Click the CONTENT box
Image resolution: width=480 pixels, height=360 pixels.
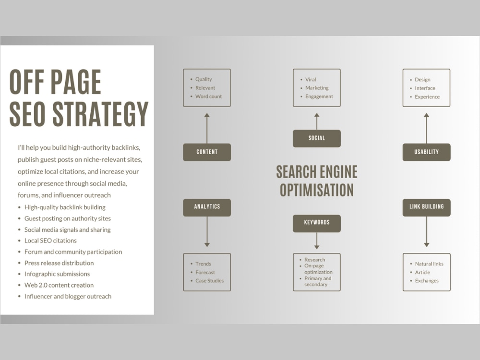[207, 152]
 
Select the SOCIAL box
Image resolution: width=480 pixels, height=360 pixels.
[316, 138]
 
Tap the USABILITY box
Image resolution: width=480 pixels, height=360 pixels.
[426, 152]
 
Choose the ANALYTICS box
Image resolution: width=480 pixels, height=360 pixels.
[207, 207]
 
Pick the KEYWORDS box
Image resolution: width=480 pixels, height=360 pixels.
[316, 223]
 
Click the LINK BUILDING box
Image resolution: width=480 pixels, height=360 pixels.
[426, 207]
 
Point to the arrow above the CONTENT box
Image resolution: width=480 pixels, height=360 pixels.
[207, 128]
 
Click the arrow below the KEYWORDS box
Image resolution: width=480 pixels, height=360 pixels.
[317, 240]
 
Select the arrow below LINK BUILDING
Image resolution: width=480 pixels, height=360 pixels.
[426, 232]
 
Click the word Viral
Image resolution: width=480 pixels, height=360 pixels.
[311, 80]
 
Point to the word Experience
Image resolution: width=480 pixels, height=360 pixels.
[427, 97]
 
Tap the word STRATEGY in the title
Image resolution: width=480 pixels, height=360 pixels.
[101, 114]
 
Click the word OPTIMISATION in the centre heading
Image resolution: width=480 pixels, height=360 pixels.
[316, 190]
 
